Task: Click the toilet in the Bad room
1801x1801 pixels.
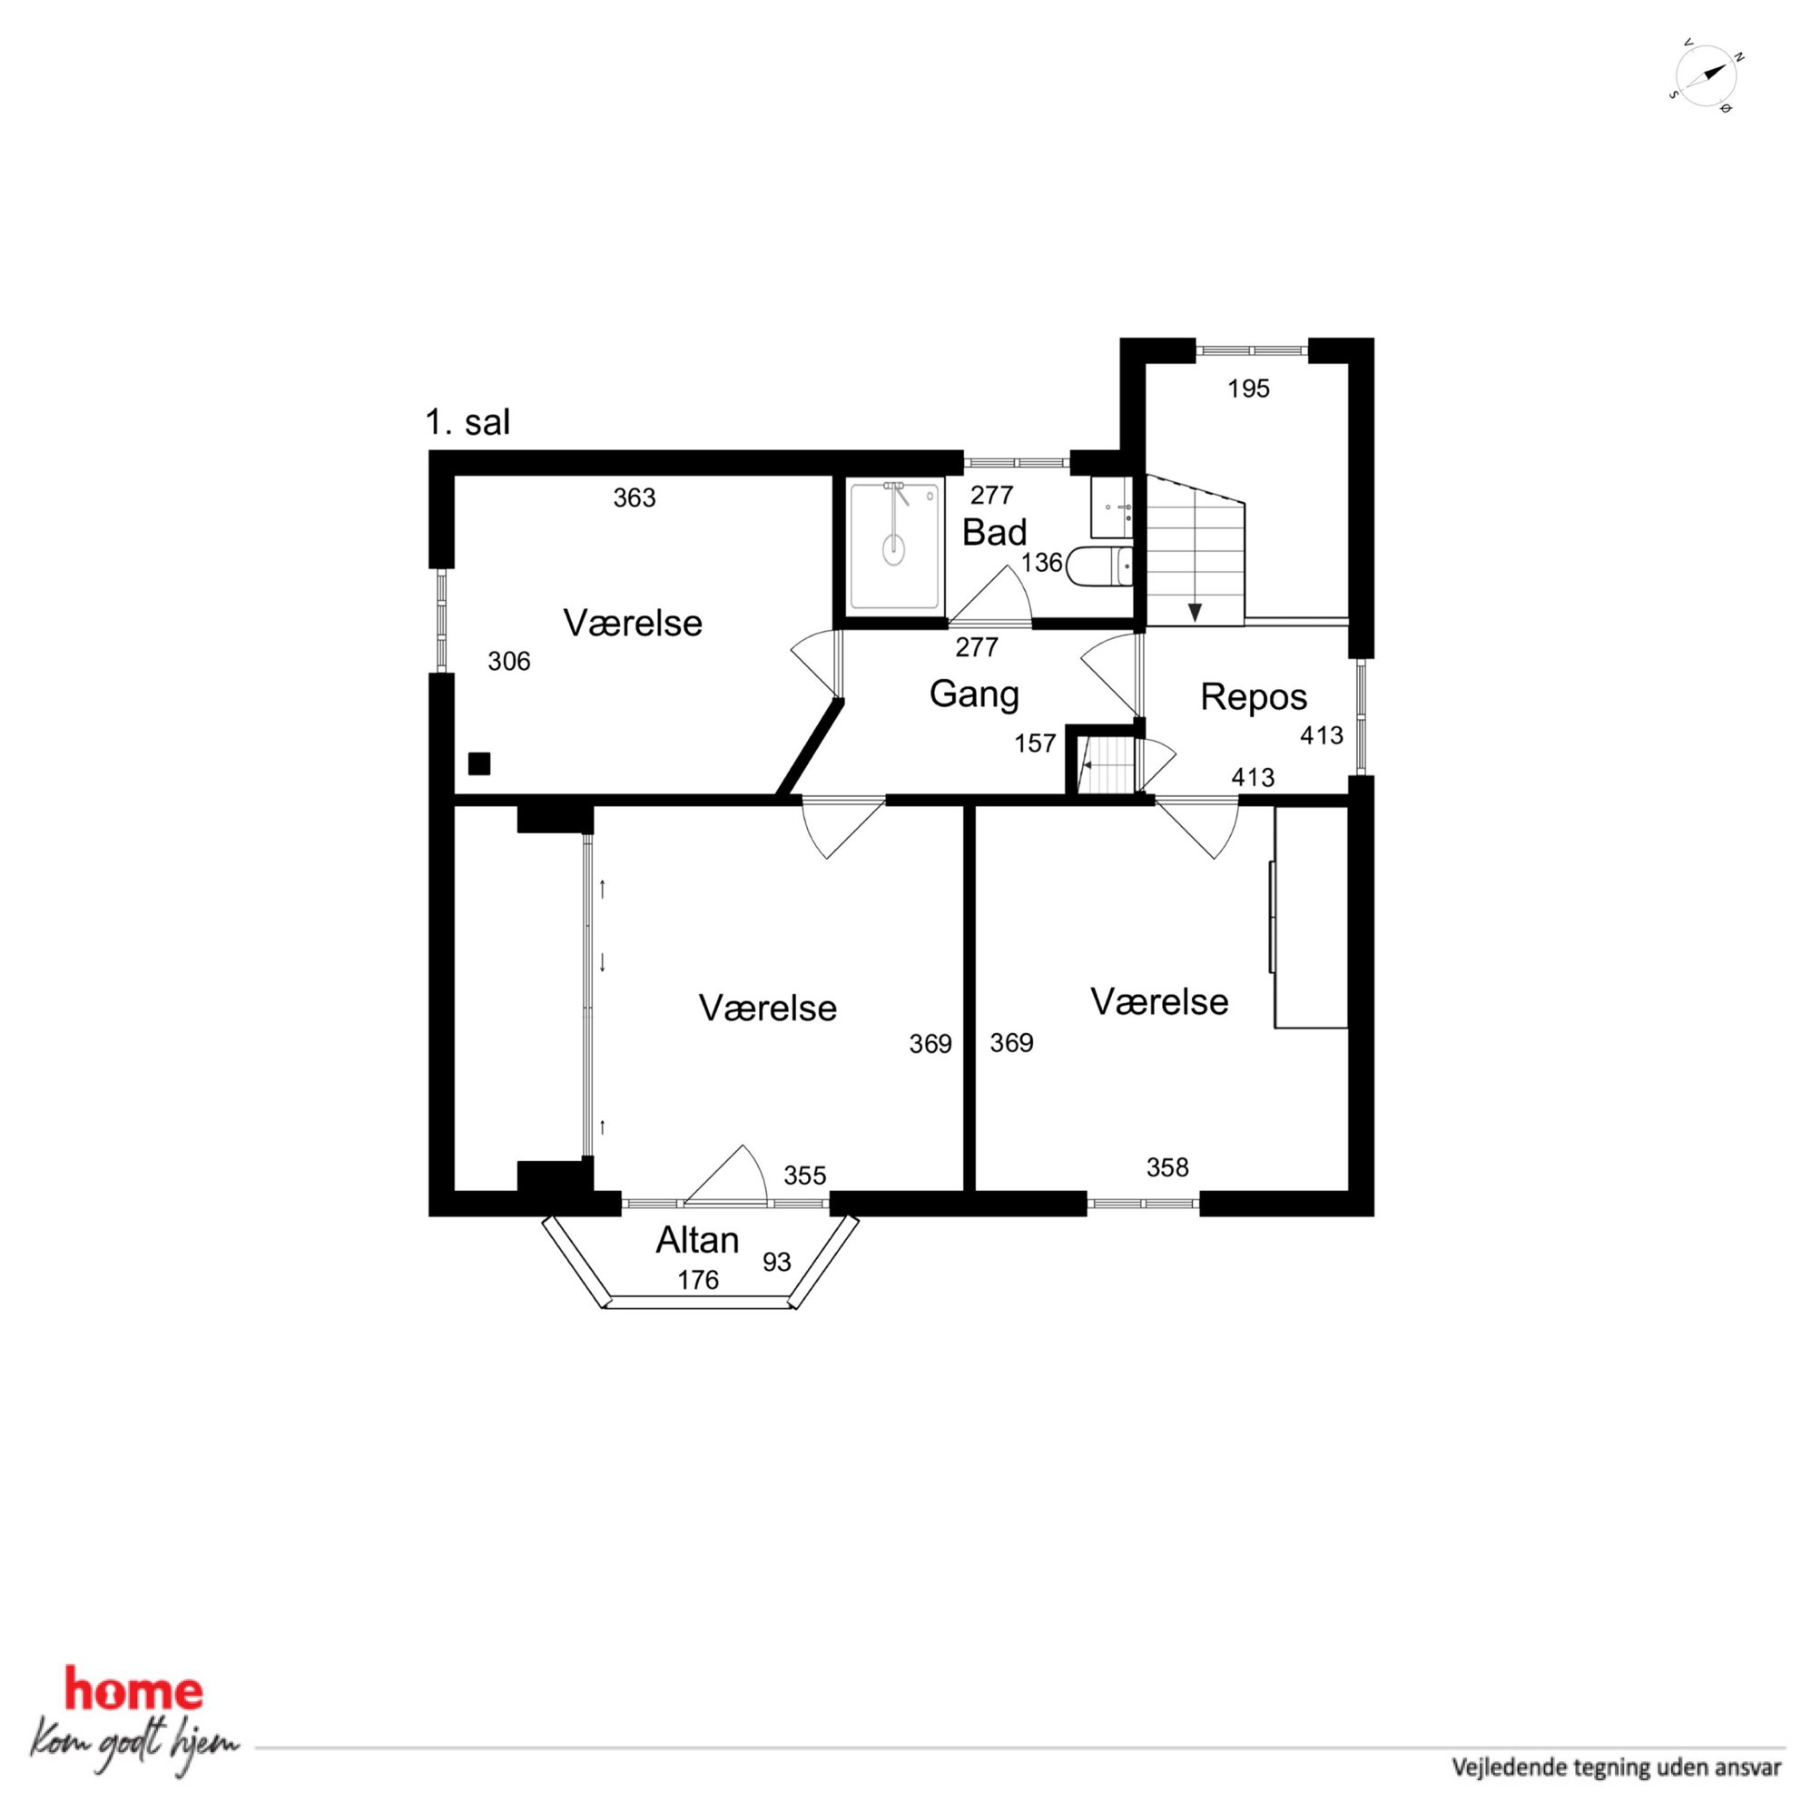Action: (1100, 566)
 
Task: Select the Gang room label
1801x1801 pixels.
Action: (974, 694)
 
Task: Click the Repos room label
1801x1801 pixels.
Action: (1253, 696)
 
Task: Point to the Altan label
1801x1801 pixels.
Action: (697, 1240)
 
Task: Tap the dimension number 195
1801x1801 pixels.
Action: (1248, 389)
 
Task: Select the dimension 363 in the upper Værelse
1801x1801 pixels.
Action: (634, 497)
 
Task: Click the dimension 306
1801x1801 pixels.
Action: (509, 661)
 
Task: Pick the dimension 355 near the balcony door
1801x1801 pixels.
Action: (804, 1176)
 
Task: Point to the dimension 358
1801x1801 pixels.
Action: (1167, 1167)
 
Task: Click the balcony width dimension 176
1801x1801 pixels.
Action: (698, 1280)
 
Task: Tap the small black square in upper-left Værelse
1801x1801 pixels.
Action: (479, 763)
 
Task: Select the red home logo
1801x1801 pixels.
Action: (133, 1690)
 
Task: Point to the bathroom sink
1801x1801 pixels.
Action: (1111, 507)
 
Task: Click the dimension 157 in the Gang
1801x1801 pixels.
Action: (1035, 743)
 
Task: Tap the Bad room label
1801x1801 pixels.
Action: (994, 532)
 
